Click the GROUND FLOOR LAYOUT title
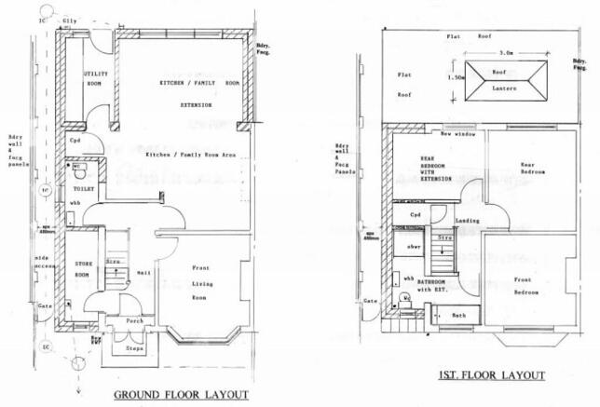tap(181, 395)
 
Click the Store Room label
tap(87, 270)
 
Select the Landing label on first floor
tap(467, 221)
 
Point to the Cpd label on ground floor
tap(75, 141)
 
